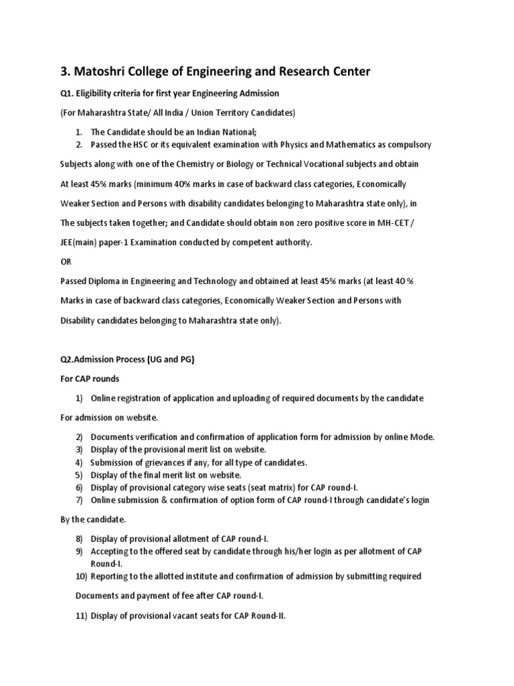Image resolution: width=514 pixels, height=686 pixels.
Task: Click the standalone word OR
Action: [68, 261]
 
